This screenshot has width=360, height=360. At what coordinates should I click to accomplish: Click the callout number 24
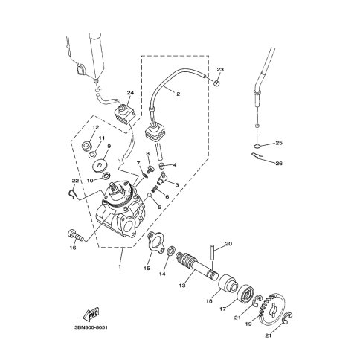(130, 93)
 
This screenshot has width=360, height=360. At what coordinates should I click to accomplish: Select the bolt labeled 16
(74, 235)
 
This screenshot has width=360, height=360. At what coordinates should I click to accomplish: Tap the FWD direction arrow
(91, 314)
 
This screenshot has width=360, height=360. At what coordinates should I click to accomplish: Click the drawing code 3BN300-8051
(91, 327)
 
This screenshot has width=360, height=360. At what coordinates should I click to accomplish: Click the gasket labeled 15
(155, 242)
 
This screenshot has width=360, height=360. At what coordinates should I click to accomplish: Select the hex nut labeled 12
(86, 146)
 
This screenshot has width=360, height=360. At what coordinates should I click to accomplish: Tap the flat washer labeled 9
(100, 165)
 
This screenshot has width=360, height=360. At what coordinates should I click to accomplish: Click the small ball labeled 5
(150, 195)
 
